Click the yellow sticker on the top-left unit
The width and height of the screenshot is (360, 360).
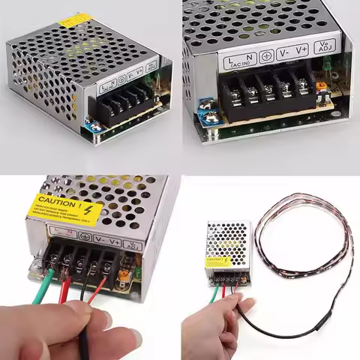[x=76, y=19]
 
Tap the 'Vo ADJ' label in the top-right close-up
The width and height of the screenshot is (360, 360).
[x=325, y=47]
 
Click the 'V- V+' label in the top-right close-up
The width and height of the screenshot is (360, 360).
[x=292, y=52]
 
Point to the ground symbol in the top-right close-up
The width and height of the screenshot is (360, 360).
[x=266, y=55]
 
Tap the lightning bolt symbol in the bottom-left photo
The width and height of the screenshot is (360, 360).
[x=90, y=208]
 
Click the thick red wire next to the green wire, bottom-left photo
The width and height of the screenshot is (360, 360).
[x=65, y=289]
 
